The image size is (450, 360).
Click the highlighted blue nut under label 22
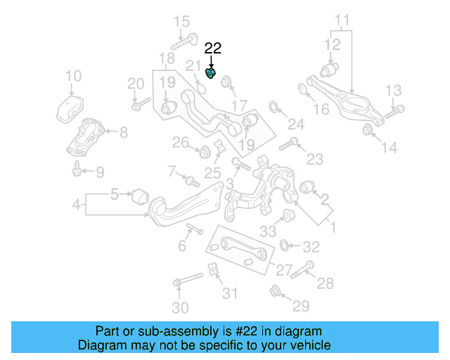[x=211, y=72]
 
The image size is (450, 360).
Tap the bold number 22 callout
[x=212, y=49]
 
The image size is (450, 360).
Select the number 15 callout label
[x=182, y=21]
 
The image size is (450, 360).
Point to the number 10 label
[x=73, y=76]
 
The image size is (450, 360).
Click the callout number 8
[x=123, y=131]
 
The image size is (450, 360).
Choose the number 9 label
[x=99, y=171]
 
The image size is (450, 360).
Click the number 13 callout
[x=393, y=89]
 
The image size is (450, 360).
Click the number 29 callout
[x=301, y=305]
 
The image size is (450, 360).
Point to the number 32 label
[x=311, y=247]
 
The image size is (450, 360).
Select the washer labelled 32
[x=285, y=245]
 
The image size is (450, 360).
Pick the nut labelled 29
[x=275, y=290]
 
